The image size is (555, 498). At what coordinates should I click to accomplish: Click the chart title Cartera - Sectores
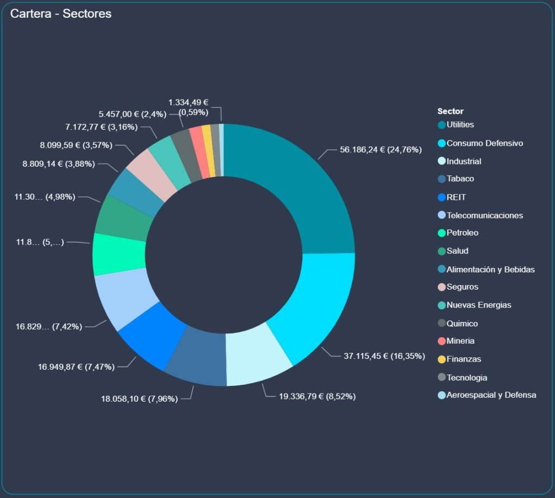[x=61, y=14]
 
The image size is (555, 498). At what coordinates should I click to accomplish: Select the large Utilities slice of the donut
[x=304, y=179]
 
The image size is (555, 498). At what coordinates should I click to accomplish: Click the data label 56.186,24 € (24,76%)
[x=380, y=150]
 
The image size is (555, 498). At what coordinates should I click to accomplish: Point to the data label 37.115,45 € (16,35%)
[x=384, y=356]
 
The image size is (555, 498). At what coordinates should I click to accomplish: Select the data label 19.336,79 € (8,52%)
[x=317, y=397]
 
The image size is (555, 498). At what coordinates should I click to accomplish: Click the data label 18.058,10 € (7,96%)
[x=139, y=399]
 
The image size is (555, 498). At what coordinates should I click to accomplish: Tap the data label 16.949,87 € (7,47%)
[x=76, y=367]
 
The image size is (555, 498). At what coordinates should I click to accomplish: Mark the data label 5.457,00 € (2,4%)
[x=132, y=114]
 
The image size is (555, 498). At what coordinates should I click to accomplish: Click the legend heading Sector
[x=450, y=112]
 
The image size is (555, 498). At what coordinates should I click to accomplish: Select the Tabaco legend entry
[x=460, y=179]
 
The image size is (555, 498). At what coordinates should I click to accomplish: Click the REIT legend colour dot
[x=442, y=198]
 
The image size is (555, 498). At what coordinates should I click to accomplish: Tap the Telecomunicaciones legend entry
[x=485, y=215]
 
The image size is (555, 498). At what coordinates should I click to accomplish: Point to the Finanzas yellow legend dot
[x=442, y=359]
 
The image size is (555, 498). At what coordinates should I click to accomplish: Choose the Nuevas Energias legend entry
[x=479, y=305]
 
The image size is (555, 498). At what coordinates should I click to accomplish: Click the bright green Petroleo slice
[x=119, y=254]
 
